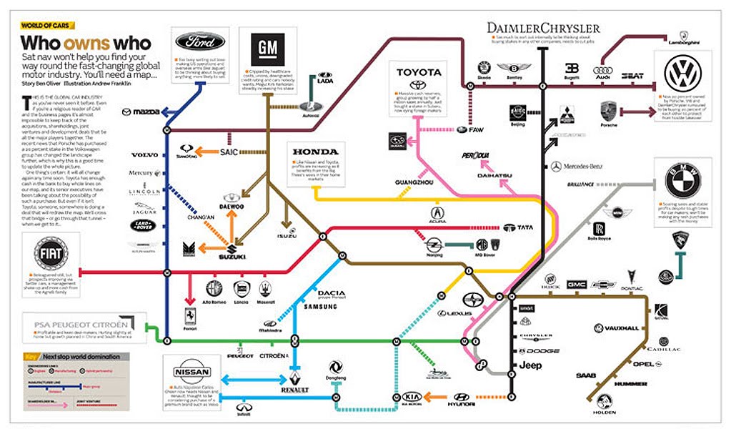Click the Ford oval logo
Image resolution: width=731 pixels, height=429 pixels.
pos(200,41)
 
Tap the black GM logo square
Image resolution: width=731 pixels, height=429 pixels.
pos(267,49)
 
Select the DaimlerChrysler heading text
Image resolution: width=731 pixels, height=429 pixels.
pos(543,28)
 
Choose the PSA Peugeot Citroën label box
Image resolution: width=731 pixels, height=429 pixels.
pos(81,325)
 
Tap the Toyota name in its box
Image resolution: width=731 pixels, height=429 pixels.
pos(419,72)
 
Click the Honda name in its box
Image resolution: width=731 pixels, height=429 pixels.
pos(315,152)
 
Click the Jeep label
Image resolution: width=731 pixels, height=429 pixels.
pos(530,365)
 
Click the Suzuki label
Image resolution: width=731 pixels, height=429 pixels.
pos(233,257)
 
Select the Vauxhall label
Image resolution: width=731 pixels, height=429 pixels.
pos(620,328)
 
